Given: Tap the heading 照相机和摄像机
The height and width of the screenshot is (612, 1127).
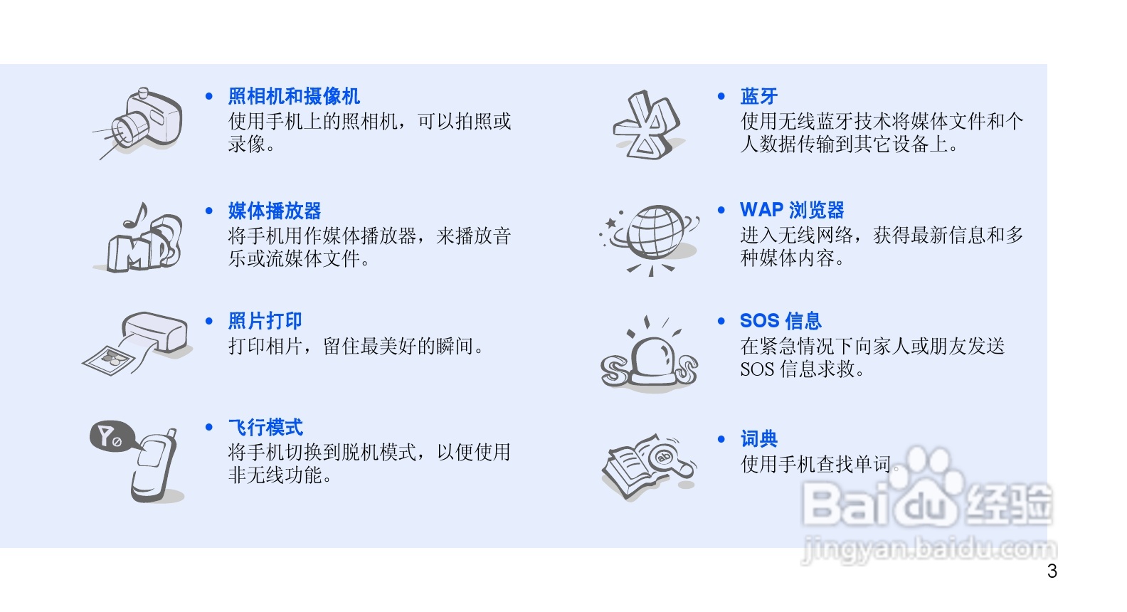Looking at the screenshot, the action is pos(294,96).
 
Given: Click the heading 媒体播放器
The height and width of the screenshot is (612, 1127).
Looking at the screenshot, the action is pos(275,211).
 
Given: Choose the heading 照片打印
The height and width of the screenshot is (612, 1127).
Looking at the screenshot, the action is pos(265,321).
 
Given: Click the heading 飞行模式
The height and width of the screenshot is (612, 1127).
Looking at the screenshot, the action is pos(265,428).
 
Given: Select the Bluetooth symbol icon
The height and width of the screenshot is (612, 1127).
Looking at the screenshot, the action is pos(646,125).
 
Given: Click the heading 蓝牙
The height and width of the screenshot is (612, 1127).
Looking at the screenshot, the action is pos(758,96).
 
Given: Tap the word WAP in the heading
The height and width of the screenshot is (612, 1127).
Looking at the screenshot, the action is pos(761,210).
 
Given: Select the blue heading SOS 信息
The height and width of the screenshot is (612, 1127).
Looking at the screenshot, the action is pos(781,321).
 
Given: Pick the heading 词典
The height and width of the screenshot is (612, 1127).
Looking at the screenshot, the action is pos(758,438).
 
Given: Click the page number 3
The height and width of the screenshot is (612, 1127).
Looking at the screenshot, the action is pos(1052,571).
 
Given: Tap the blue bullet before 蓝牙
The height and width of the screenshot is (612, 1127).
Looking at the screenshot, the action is pos(721,96).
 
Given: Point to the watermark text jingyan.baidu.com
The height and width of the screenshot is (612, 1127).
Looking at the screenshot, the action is pos(929,549).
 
